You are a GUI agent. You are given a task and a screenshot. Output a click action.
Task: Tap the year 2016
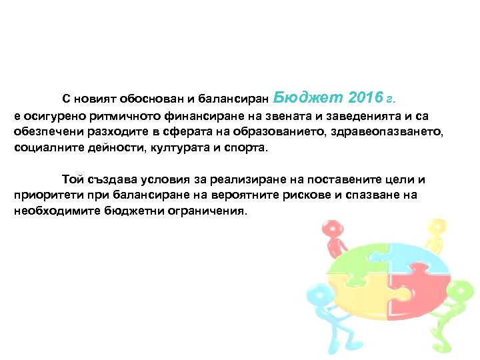[363, 98]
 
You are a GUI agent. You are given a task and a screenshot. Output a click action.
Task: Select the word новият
[95, 99]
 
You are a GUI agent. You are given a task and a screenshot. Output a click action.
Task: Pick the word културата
[145, 147]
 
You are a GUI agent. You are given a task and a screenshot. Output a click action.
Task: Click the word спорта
[245, 147]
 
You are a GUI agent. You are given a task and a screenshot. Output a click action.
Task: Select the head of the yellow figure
[437, 226]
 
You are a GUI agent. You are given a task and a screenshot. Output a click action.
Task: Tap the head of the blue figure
[314, 294]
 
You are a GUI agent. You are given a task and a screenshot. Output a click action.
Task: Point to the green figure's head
[458, 291]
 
